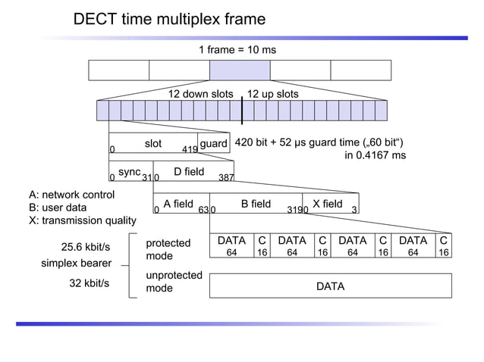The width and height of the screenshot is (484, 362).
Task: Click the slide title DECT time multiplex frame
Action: (169, 19)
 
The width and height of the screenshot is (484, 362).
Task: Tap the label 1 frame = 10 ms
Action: (238, 50)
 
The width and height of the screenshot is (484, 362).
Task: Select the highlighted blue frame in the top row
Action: (240, 70)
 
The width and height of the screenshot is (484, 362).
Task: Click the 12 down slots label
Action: (200, 94)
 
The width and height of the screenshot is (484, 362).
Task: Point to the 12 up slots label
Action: (273, 94)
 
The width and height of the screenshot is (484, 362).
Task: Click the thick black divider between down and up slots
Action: (242, 111)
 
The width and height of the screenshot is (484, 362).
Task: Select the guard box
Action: (215, 144)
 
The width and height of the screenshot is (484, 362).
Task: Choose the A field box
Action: (179, 204)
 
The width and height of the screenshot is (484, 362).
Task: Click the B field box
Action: (256, 204)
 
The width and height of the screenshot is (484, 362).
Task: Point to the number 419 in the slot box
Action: (190, 149)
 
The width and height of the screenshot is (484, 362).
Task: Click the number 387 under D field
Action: (226, 178)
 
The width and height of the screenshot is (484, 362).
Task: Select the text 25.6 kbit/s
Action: (86, 247)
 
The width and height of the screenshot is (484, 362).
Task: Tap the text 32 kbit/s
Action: (90, 283)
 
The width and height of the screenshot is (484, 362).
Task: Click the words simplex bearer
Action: (76, 264)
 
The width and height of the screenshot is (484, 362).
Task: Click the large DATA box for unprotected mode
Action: (330, 286)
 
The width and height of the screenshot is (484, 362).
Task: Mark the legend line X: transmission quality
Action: (83, 220)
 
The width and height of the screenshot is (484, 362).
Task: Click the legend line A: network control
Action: (72, 195)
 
